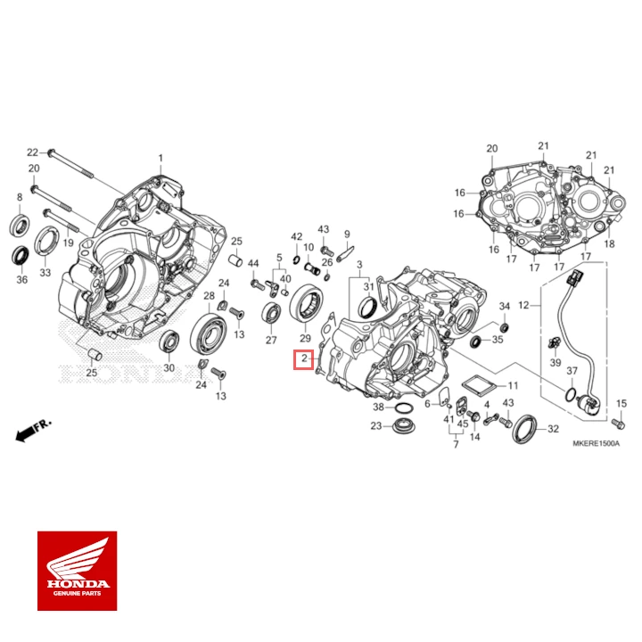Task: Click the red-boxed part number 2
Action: click(304, 360)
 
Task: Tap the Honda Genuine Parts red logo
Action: click(77, 571)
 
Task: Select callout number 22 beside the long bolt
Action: click(32, 152)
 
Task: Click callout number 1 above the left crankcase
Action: click(161, 158)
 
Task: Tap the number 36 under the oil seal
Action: click(21, 279)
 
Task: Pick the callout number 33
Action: click(45, 272)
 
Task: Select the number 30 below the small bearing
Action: click(168, 369)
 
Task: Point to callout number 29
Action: click(305, 339)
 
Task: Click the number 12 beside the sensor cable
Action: click(523, 305)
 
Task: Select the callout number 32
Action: click(553, 429)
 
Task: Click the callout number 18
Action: click(610, 243)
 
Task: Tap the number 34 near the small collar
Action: click(503, 306)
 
